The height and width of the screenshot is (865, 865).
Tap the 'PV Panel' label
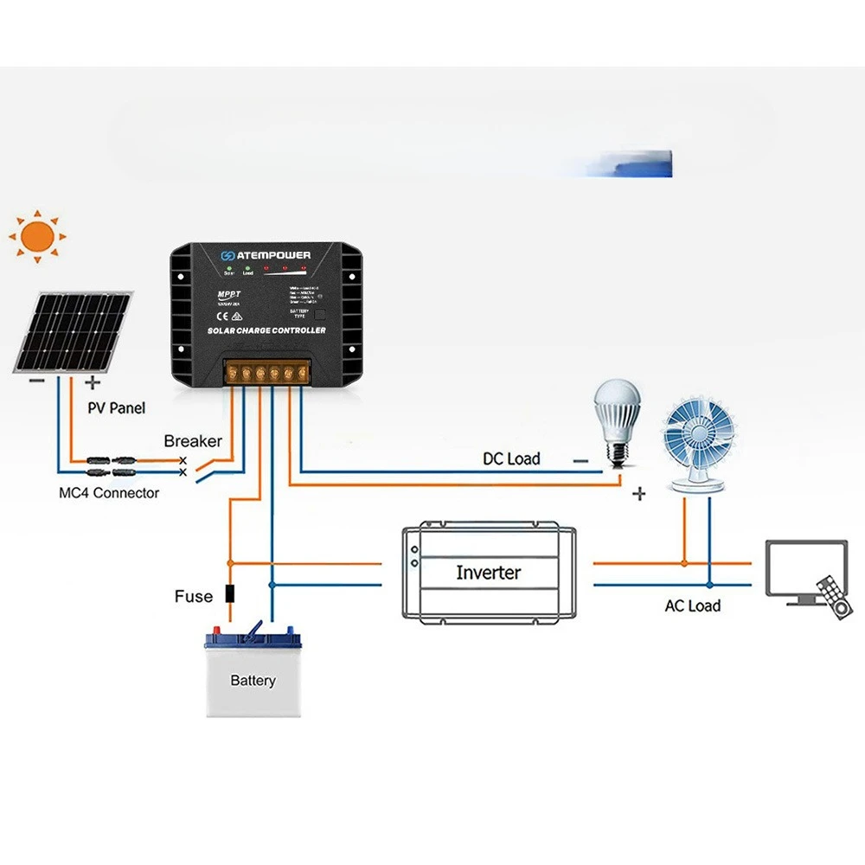pyautogui.click(x=117, y=407)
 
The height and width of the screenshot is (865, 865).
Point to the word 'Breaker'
pyautogui.click(x=193, y=441)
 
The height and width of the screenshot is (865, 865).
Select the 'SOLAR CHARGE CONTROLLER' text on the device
pyautogui.click(x=266, y=331)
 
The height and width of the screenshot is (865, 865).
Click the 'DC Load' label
pyautogui.click(x=511, y=458)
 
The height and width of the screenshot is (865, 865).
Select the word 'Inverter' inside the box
pyautogui.click(x=488, y=573)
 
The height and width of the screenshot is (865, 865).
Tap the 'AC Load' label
pyautogui.click(x=692, y=605)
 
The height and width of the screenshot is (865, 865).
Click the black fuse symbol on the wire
pyautogui.click(x=230, y=594)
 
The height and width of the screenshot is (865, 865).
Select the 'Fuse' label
pyautogui.click(x=193, y=596)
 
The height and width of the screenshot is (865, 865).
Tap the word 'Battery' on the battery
pyautogui.click(x=253, y=681)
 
